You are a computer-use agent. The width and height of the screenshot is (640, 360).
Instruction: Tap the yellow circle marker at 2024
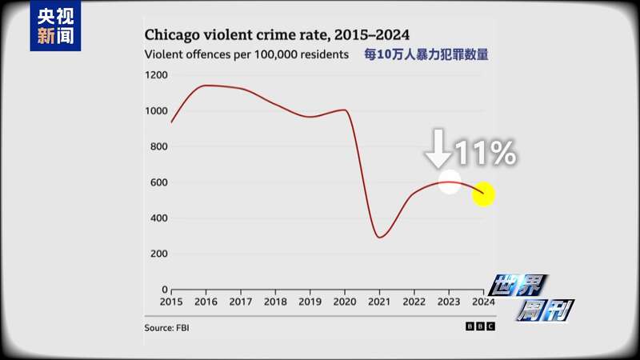(483, 194)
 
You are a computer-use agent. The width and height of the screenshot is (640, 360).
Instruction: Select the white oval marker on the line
(450, 182)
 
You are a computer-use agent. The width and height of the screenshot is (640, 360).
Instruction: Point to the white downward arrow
(438, 148)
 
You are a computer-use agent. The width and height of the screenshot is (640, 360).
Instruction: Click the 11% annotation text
(485, 153)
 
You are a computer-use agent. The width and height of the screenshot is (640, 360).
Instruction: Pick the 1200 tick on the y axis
(157, 75)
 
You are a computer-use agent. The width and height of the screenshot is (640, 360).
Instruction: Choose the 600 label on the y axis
(159, 182)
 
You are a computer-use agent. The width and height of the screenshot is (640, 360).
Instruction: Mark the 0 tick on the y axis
(165, 290)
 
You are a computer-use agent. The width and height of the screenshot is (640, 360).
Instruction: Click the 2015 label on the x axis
(171, 302)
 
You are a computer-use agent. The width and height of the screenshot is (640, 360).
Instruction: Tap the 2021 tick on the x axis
(379, 302)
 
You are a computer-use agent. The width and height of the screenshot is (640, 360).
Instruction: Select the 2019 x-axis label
(310, 302)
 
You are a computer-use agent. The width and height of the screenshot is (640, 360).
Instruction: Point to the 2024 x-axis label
(483, 302)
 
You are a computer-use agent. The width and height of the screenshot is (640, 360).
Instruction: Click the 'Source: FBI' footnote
(167, 327)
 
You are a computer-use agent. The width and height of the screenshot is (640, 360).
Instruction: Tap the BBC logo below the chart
(480, 326)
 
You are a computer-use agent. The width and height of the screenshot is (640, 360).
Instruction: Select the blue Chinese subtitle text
(426, 55)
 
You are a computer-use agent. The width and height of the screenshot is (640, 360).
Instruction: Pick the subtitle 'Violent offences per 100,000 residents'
(246, 55)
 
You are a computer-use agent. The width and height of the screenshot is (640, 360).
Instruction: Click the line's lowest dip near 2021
(380, 237)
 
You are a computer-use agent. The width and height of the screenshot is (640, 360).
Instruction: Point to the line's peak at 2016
(206, 86)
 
